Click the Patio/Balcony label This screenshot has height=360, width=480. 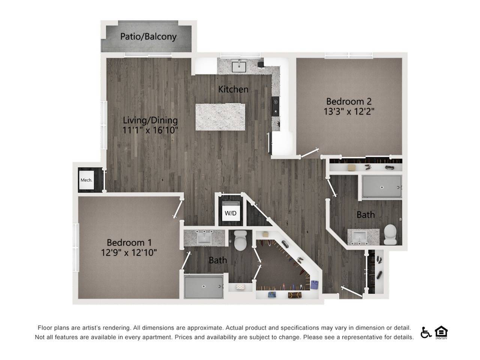[148, 37]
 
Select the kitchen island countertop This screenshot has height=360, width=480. [220, 117]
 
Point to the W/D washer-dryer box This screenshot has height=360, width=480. [231, 213]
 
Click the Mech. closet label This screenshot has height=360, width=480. [86, 180]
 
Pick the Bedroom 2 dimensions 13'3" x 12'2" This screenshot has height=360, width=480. [349, 111]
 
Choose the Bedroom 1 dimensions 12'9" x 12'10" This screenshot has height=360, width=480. [129, 252]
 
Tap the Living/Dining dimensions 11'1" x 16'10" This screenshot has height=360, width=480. [150, 130]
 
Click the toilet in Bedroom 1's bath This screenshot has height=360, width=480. [240, 241]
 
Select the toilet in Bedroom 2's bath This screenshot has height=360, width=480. [391, 234]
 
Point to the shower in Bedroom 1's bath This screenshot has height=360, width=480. [204, 286]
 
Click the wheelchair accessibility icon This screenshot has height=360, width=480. [426, 332]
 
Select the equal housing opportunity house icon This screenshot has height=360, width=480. [441, 332]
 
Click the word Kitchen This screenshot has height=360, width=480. [233, 89]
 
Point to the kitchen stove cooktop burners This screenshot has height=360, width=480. [276, 106]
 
